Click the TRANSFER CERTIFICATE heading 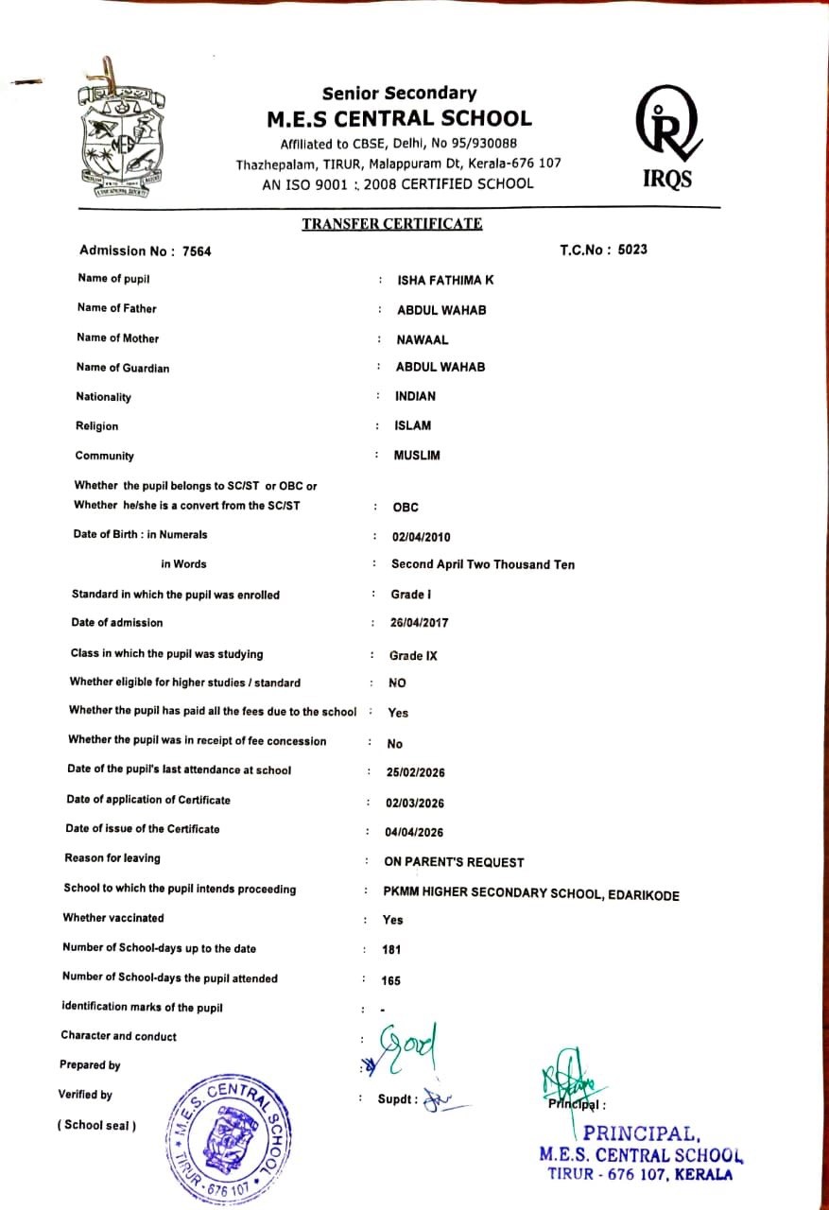391,224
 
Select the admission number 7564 199,251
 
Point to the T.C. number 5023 632,250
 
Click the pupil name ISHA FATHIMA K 444,280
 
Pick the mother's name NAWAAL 423,339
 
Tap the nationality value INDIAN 415,396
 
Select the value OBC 406,508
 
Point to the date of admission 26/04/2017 420,623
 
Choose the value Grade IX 413,655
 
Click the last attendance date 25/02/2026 416,772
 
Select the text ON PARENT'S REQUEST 454,862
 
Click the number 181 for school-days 391,950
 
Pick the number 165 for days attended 390,981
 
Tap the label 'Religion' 97,426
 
